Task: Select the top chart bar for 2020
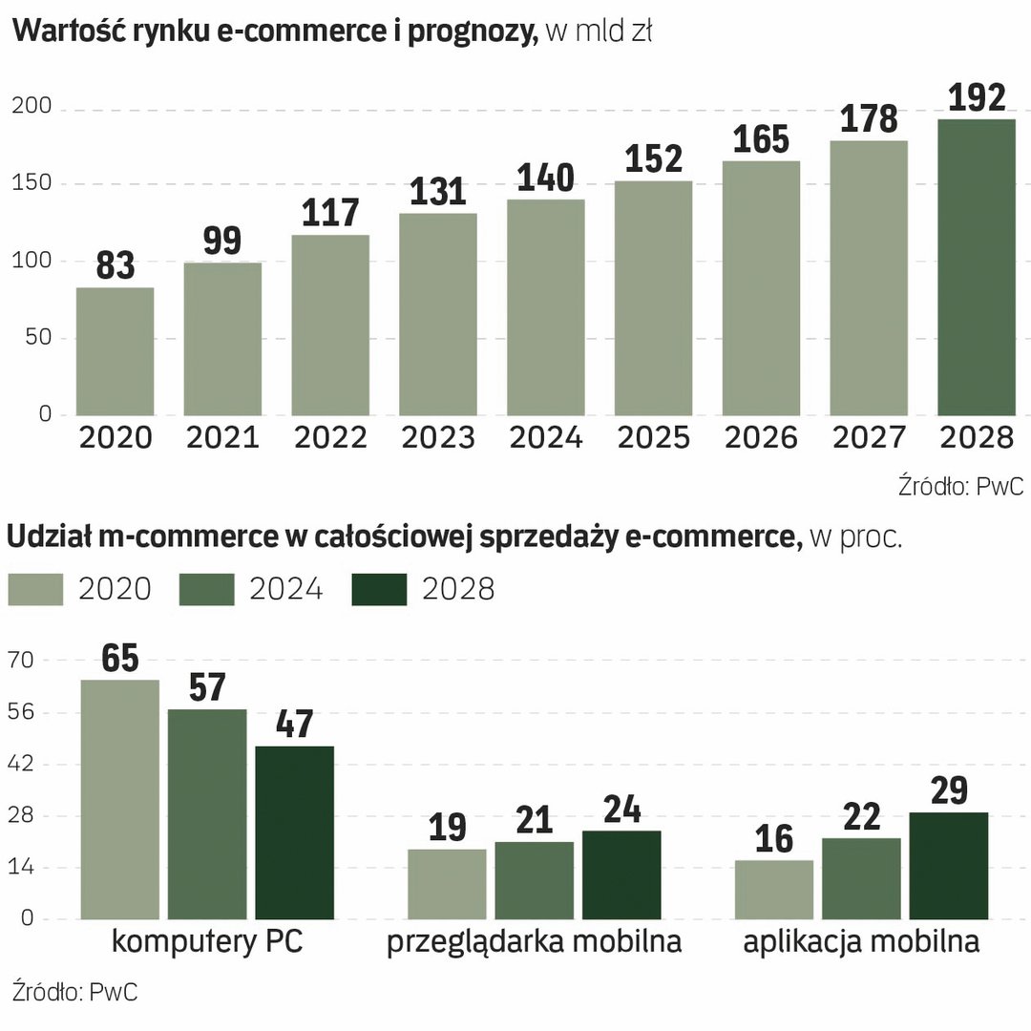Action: click(x=115, y=351)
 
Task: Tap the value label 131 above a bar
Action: click(x=438, y=192)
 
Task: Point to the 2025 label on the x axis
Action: click(x=653, y=437)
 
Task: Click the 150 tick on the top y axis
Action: click(x=32, y=183)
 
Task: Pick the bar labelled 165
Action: click(x=761, y=287)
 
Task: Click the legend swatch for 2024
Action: click(x=206, y=589)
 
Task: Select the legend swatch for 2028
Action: click(x=379, y=589)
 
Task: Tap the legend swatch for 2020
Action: click(x=35, y=589)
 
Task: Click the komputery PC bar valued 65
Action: click(x=119, y=799)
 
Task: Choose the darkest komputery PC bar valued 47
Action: click(x=294, y=832)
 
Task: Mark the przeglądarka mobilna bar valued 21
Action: click(x=534, y=880)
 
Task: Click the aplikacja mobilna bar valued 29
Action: click(x=948, y=866)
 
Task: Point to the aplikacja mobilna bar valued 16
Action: click(x=774, y=890)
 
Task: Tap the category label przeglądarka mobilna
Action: click(x=534, y=942)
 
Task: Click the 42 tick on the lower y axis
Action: click(x=21, y=764)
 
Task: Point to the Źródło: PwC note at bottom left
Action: click(x=74, y=991)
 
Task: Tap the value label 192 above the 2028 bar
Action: click(x=978, y=97)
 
